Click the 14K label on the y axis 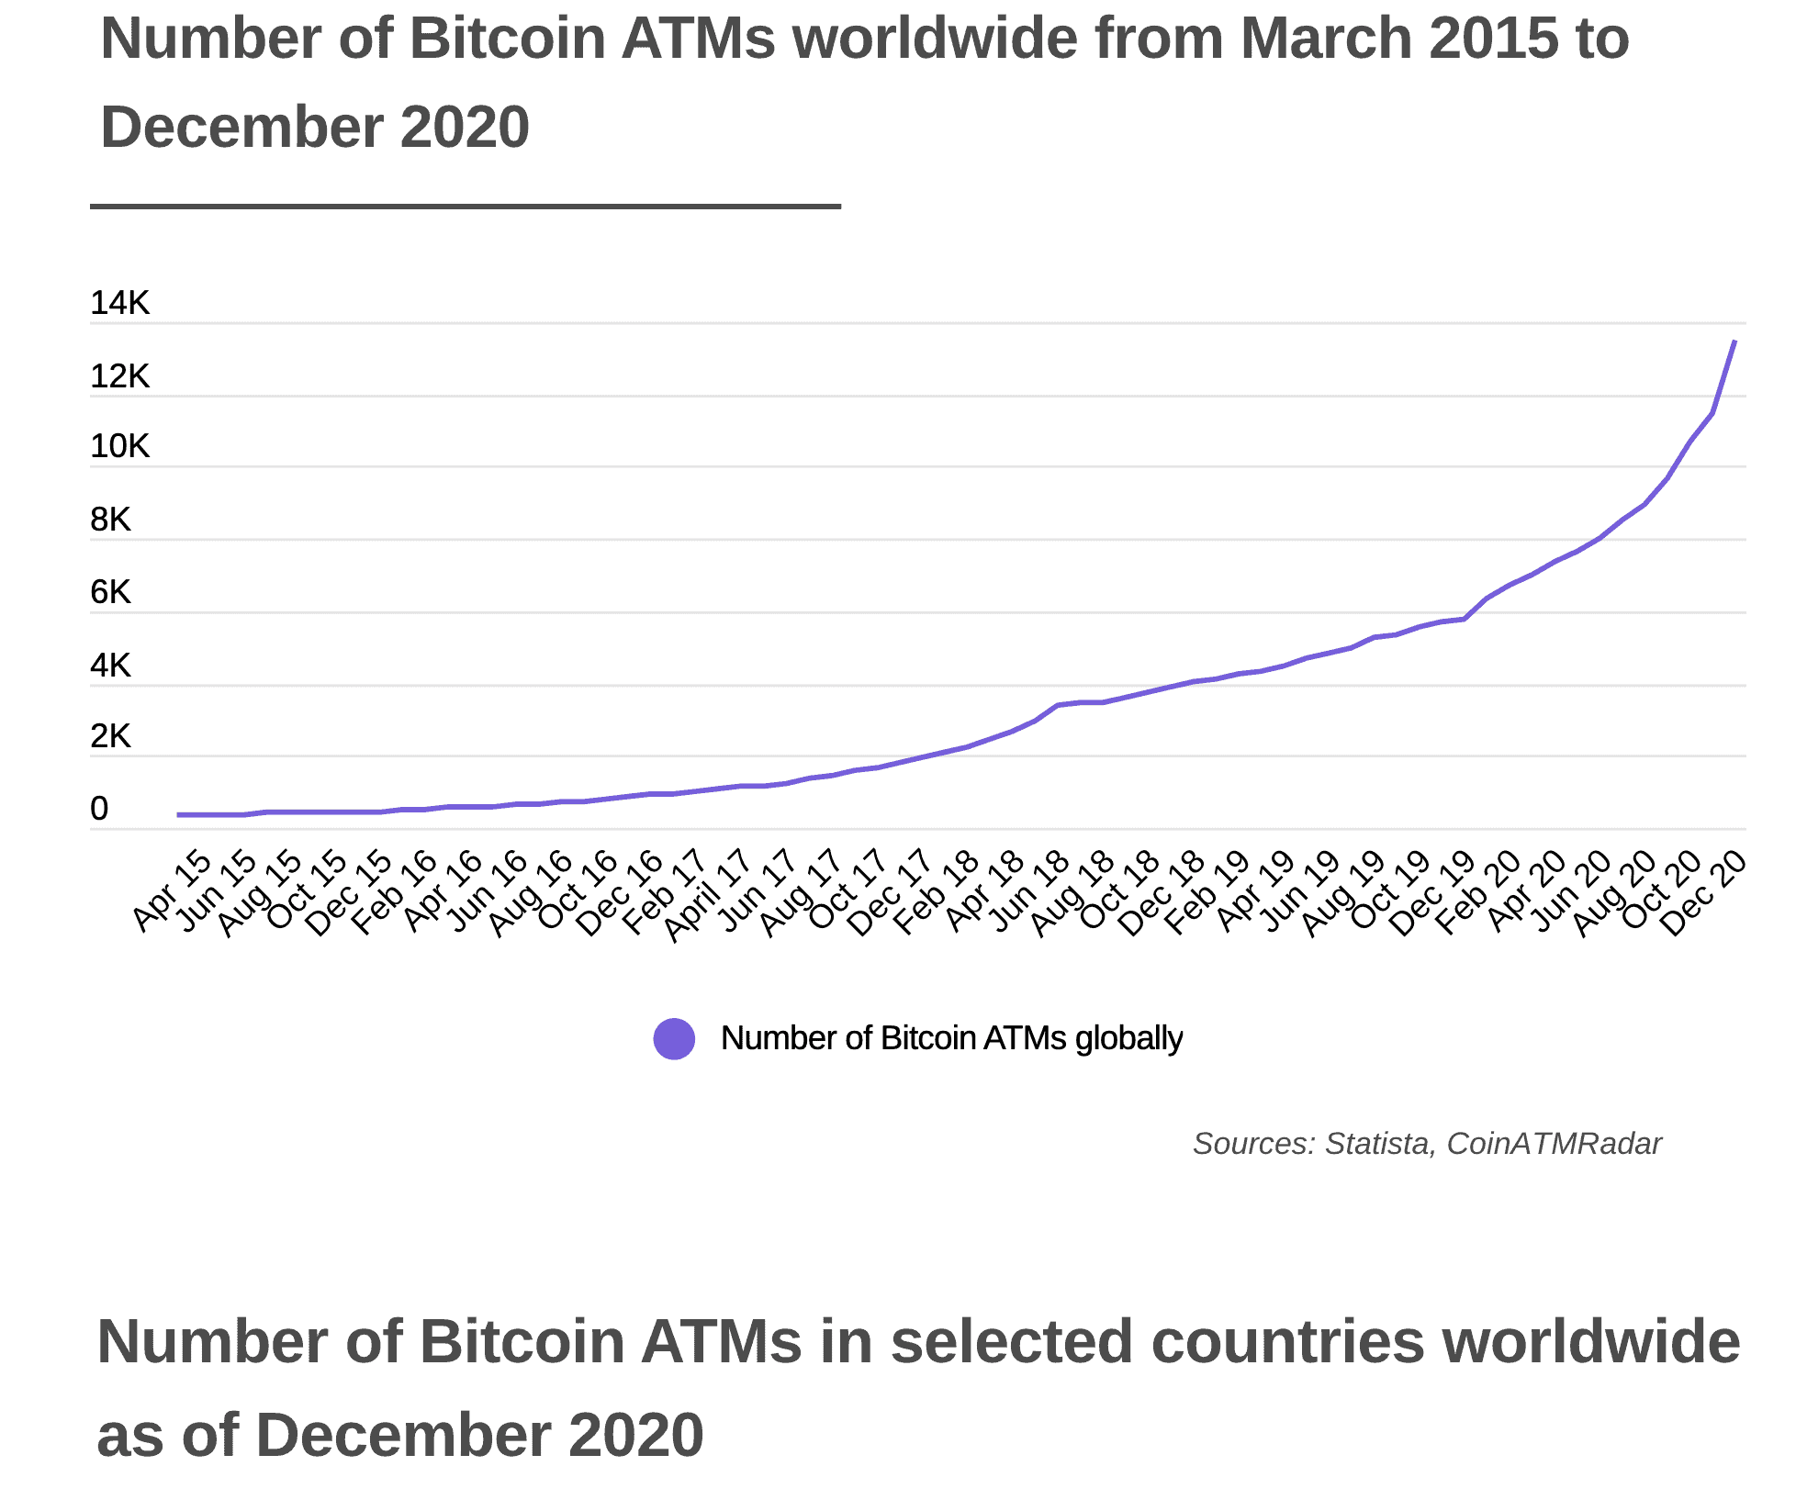click(x=119, y=303)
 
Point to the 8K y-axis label click(x=110, y=520)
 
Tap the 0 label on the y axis click(x=99, y=809)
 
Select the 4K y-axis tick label click(x=110, y=665)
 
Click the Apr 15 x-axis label click(x=173, y=890)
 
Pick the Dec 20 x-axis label click(x=1703, y=892)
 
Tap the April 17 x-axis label click(x=707, y=894)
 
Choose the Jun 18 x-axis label click(x=1031, y=890)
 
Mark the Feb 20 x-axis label click(x=1478, y=891)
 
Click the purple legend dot click(x=674, y=1039)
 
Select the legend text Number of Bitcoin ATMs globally click(x=951, y=1038)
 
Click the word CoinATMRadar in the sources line click(x=1554, y=1144)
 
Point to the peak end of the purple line click(x=1734, y=342)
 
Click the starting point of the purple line click(x=179, y=814)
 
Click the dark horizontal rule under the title click(x=466, y=207)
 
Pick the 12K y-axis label click(x=119, y=376)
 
